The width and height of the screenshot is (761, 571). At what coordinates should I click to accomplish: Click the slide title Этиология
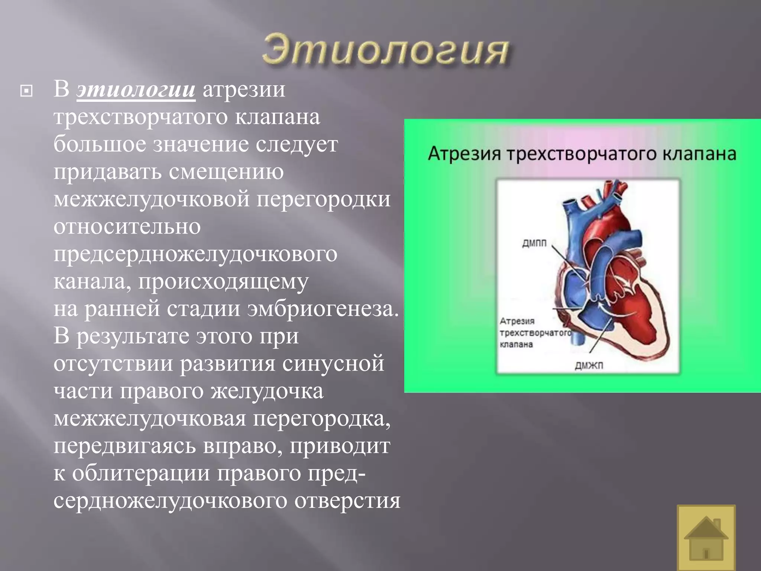(385, 51)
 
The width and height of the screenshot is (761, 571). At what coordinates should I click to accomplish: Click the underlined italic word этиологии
(136, 90)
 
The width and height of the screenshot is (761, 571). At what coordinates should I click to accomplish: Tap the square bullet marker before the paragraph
(26, 91)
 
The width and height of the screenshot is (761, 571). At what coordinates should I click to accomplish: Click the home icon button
(706, 538)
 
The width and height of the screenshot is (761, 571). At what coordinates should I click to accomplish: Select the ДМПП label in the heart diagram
(534, 243)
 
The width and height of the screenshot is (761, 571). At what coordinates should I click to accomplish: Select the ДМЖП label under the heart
(589, 366)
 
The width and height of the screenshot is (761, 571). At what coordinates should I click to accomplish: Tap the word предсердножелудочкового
(195, 254)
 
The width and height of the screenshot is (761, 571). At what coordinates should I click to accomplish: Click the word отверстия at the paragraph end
(347, 501)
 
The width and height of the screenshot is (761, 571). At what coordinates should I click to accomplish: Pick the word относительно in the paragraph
(127, 227)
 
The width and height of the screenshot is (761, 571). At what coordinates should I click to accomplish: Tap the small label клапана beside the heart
(516, 344)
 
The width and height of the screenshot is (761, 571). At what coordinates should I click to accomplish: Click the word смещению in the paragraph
(226, 172)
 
